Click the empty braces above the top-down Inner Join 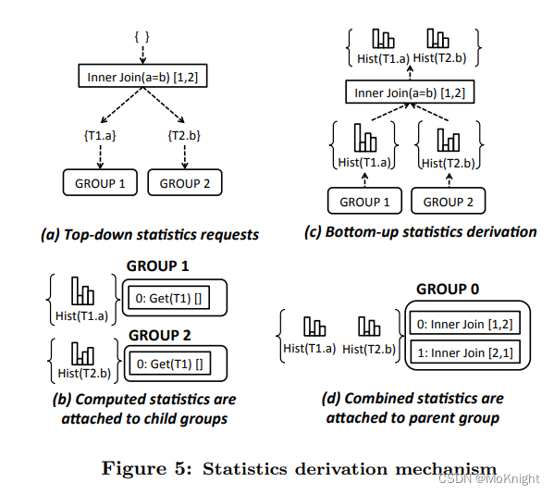tap(142, 35)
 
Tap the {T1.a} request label tap(99, 136)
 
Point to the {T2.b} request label tap(184, 136)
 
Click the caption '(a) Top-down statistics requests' tap(150, 234)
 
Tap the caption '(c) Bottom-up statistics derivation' tap(420, 231)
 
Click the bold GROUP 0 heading tap(448, 289)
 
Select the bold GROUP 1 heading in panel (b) tap(158, 266)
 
